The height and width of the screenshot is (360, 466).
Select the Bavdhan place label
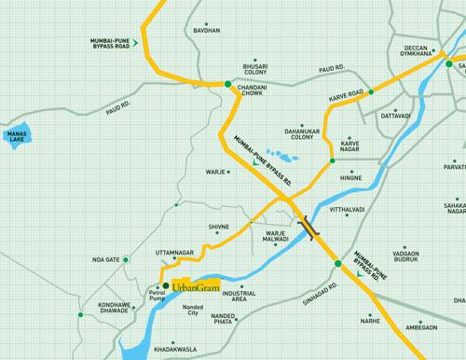(207, 31)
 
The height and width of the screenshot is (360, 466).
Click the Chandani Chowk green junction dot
(226, 84)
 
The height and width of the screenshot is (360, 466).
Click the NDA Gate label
(106, 258)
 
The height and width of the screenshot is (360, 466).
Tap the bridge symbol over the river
(308, 225)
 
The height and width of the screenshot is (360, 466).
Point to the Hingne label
(351, 176)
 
